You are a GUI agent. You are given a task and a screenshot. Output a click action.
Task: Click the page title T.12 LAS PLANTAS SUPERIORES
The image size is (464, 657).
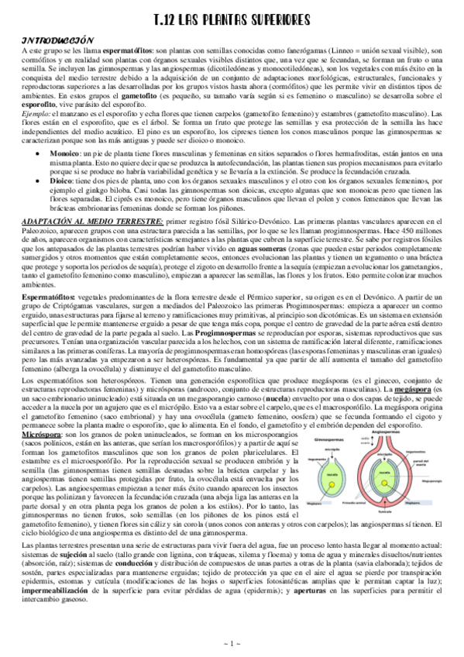click(232, 19)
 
